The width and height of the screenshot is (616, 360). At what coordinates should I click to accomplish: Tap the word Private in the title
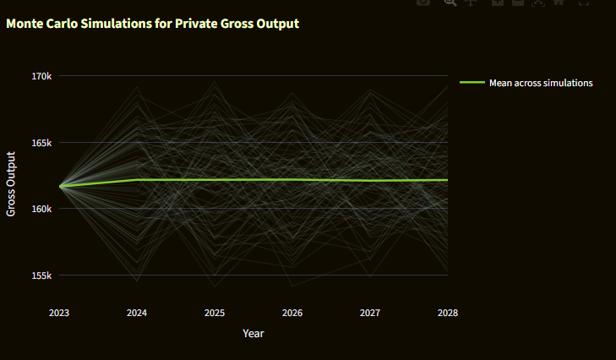click(x=194, y=24)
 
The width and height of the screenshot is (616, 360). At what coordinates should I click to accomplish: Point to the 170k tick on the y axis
click(x=41, y=76)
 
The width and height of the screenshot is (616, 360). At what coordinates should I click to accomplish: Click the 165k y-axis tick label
click(x=41, y=143)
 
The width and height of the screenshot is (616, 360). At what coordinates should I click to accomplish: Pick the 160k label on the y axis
click(x=41, y=209)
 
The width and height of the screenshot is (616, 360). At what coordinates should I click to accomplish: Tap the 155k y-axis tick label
click(x=41, y=275)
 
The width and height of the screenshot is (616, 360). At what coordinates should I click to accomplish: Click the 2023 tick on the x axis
click(x=59, y=313)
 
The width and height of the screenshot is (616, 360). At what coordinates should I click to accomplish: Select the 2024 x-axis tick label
click(x=137, y=313)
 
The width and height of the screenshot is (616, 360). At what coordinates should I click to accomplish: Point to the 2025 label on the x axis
click(x=215, y=313)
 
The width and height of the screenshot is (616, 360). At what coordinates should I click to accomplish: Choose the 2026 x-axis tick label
click(x=292, y=313)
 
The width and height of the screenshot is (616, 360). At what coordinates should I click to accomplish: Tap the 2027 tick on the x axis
click(x=370, y=313)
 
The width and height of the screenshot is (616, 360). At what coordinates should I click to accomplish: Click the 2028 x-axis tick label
click(x=448, y=313)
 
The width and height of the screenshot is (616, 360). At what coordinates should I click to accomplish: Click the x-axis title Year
click(x=253, y=334)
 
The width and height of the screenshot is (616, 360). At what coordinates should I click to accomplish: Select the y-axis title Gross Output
click(x=12, y=183)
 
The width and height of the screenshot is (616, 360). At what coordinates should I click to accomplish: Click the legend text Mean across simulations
click(x=541, y=83)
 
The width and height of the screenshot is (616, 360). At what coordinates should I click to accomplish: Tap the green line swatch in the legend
click(x=472, y=83)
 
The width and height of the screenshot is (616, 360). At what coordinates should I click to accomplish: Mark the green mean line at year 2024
click(x=137, y=180)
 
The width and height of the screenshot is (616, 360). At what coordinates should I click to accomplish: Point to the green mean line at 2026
click(x=292, y=179)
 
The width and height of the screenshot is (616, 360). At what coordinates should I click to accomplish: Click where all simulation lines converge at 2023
click(x=60, y=186)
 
